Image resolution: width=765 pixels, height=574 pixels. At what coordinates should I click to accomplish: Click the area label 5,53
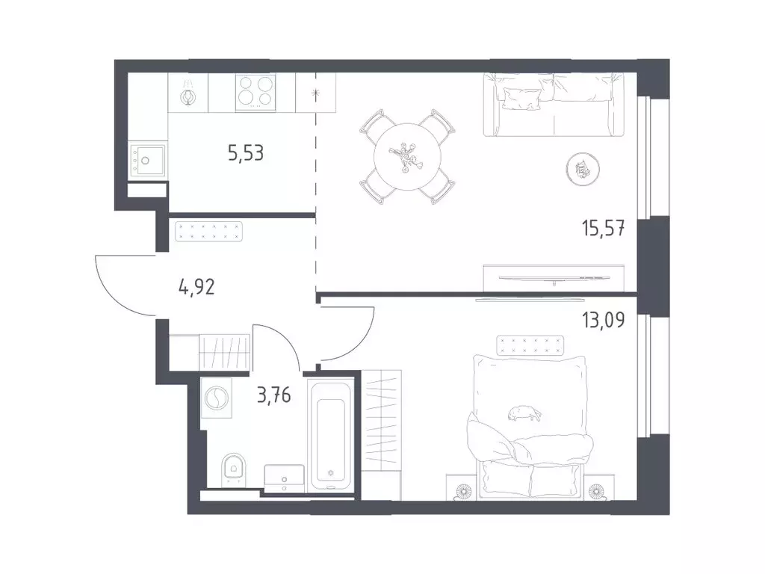point(246,152)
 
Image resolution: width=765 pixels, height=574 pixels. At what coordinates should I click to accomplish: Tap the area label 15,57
point(603,228)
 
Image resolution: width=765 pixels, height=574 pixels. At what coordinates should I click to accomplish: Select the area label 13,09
point(603,320)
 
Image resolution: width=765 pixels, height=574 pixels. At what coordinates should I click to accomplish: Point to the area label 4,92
point(196,287)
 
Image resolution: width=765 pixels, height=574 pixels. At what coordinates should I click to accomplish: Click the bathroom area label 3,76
point(273,395)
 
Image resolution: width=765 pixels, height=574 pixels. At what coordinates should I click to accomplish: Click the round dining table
point(407,157)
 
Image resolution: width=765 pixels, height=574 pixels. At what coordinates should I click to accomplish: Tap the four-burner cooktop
point(255,92)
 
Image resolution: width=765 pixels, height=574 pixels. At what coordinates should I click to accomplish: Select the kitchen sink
point(146,159)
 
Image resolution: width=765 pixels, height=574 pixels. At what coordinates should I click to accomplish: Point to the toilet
point(234,470)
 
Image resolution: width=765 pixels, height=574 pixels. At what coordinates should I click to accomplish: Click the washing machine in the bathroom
point(216,398)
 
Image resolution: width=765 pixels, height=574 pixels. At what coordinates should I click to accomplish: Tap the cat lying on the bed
point(524,413)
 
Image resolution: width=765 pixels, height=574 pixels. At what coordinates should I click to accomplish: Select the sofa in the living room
point(554,105)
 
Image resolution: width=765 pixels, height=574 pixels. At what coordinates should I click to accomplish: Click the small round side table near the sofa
point(583,170)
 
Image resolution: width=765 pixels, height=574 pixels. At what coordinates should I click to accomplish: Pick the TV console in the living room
point(554,278)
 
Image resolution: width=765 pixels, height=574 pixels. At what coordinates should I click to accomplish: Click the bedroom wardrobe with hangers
point(382,421)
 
